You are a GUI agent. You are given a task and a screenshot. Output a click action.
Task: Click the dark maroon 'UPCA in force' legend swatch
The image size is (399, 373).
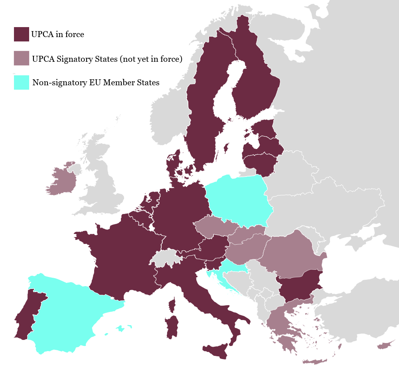pyautogui.click(x=21, y=34)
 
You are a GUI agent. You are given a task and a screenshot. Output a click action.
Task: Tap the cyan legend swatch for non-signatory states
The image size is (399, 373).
pyautogui.click(x=21, y=82)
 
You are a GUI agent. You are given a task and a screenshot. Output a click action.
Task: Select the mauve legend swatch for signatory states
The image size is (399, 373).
pyautogui.click(x=21, y=59)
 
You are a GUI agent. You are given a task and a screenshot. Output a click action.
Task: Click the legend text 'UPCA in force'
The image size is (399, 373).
pyautogui.click(x=57, y=35)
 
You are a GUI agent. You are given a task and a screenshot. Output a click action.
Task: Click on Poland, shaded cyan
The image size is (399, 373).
pyautogui.click(x=239, y=199)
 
